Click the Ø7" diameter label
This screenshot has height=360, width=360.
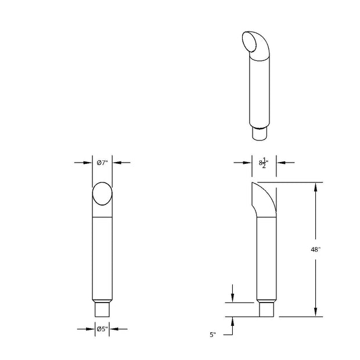pyautogui.click(x=102, y=163)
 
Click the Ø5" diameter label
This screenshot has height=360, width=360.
pyautogui.click(x=102, y=329)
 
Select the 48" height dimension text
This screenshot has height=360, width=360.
pyautogui.click(x=315, y=250)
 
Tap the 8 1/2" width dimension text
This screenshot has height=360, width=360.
pyautogui.click(x=264, y=163)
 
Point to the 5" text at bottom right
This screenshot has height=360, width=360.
pyautogui.click(x=213, y=335)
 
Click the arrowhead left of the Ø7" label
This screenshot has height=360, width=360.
pyautogui.click(x=88, y=163)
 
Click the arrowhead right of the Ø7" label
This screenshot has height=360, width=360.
pyautogui.click(x=117, y=163)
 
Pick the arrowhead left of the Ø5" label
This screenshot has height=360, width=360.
pyautogui.click(x=91, y=329)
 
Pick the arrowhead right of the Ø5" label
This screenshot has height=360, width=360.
pyautogui.click(x=114, y=329)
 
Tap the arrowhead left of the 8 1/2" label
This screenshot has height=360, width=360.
pyautogui.click(x=247, y=163)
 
